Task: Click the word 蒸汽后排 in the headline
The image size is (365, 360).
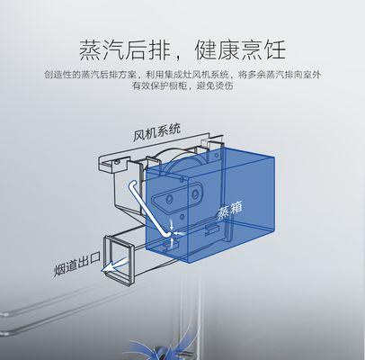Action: (x=124, y=49)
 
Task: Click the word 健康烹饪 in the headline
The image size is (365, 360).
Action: (x=240, y=49)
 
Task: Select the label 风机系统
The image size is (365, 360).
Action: (x=157, y=132)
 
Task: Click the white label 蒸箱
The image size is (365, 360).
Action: (x=230, y=210)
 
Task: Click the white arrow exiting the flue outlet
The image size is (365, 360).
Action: (x=115, y=265)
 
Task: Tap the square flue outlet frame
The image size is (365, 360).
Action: (x=119, y=260)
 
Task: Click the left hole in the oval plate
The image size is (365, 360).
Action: (x=169, y=198)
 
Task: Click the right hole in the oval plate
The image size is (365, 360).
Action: (x=195, y=194)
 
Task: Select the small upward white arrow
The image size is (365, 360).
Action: (x=172, y=242)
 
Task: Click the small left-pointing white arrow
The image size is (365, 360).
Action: (x=180, y=233)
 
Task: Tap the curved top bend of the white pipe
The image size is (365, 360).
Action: (x=132, y=184)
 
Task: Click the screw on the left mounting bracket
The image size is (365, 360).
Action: (x=116, y=162)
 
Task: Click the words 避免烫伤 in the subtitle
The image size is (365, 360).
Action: (x=215, y=86)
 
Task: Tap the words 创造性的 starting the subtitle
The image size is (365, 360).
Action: (x=63, y=75)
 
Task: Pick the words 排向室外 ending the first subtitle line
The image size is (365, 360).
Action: (x=302, y=75)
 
